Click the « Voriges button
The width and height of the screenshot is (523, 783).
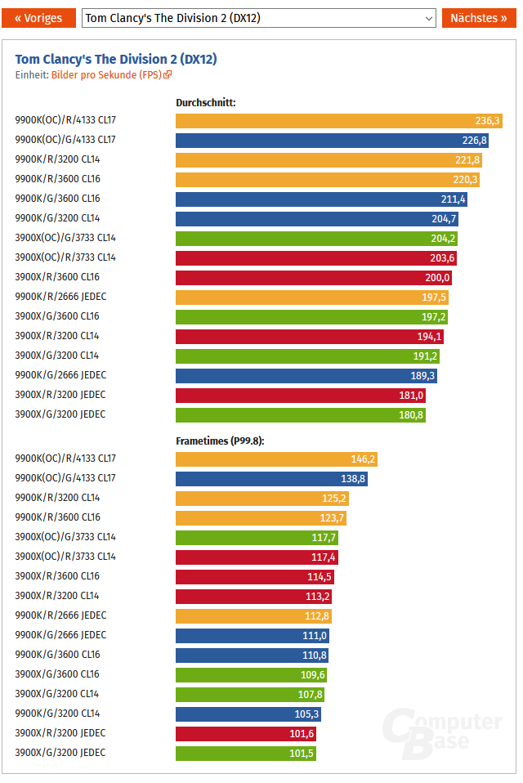click(x=39, y=18)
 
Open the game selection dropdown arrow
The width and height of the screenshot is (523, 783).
click(x=429, y=18)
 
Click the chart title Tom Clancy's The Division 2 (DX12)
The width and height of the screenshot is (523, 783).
click(x=116, y=59)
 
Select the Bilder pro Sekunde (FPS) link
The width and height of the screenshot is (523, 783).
click(x=111, y=74)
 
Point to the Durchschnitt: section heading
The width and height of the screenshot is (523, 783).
click(x=206, y=103)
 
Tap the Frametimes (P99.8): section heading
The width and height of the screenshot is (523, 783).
click(x=220, y=441)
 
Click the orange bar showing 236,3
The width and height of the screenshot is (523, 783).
click(x=338, y=121)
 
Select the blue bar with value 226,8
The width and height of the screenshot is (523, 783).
click(x=332, y=141)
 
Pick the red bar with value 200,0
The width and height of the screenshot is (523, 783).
click(x=313, y=278)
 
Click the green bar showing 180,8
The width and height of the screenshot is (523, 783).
click(x=300, y=415)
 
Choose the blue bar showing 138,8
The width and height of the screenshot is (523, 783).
click(x=271, y=479)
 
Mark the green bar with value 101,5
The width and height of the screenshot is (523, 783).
click(x=245, y=753)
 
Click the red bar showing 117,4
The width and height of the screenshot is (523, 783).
click(x=257, y=557)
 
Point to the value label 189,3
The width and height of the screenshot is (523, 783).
click(x=423, y=376)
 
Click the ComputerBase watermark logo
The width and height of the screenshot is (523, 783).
click(x=445, y=732)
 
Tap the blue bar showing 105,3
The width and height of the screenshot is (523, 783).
click(x=248, y=714)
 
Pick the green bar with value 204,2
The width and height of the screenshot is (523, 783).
click(x=316, y=239)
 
